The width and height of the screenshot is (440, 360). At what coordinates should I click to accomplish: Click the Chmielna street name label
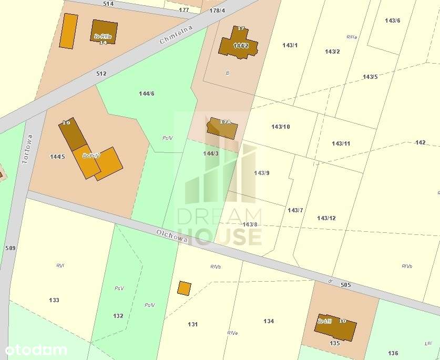(176, 35)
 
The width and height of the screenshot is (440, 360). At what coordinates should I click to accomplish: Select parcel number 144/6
(147, 94)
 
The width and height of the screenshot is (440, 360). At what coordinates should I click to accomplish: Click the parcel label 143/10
(281, 127)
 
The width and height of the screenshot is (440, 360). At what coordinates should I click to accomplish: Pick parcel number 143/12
(326, 218)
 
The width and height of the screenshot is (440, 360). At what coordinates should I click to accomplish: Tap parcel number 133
(54, 300)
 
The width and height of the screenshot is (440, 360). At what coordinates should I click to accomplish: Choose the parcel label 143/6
(392, 20)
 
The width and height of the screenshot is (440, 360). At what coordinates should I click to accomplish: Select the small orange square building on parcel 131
(184, 288)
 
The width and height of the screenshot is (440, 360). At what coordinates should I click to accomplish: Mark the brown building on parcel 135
(335, 327)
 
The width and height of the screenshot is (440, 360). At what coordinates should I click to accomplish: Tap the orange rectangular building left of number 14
(68, 31)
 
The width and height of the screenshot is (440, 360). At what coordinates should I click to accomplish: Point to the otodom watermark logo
(36, 349)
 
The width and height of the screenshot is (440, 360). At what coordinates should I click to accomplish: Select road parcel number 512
(101, 74)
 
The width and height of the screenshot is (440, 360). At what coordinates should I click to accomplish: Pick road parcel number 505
(345, 284)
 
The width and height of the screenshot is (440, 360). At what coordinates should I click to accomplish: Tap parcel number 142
(421, 142)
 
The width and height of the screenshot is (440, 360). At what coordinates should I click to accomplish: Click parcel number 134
(269, 321)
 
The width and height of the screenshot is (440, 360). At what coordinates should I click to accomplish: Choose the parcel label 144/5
(57, 156)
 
